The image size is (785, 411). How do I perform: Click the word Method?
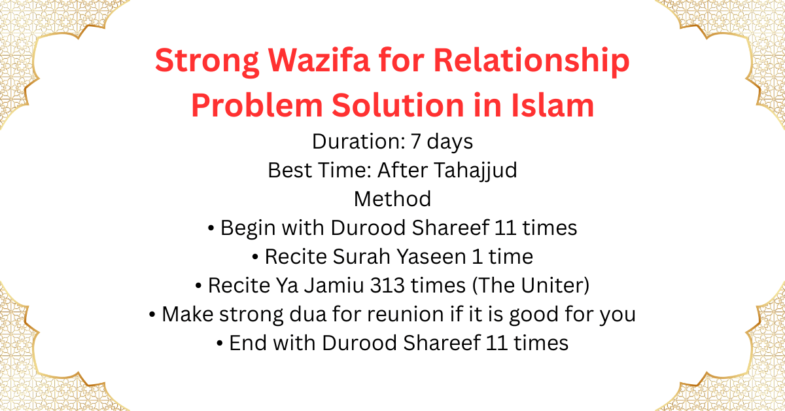(392, 199)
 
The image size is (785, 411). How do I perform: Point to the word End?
(247, 343)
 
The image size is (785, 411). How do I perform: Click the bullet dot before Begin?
(211, 228)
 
